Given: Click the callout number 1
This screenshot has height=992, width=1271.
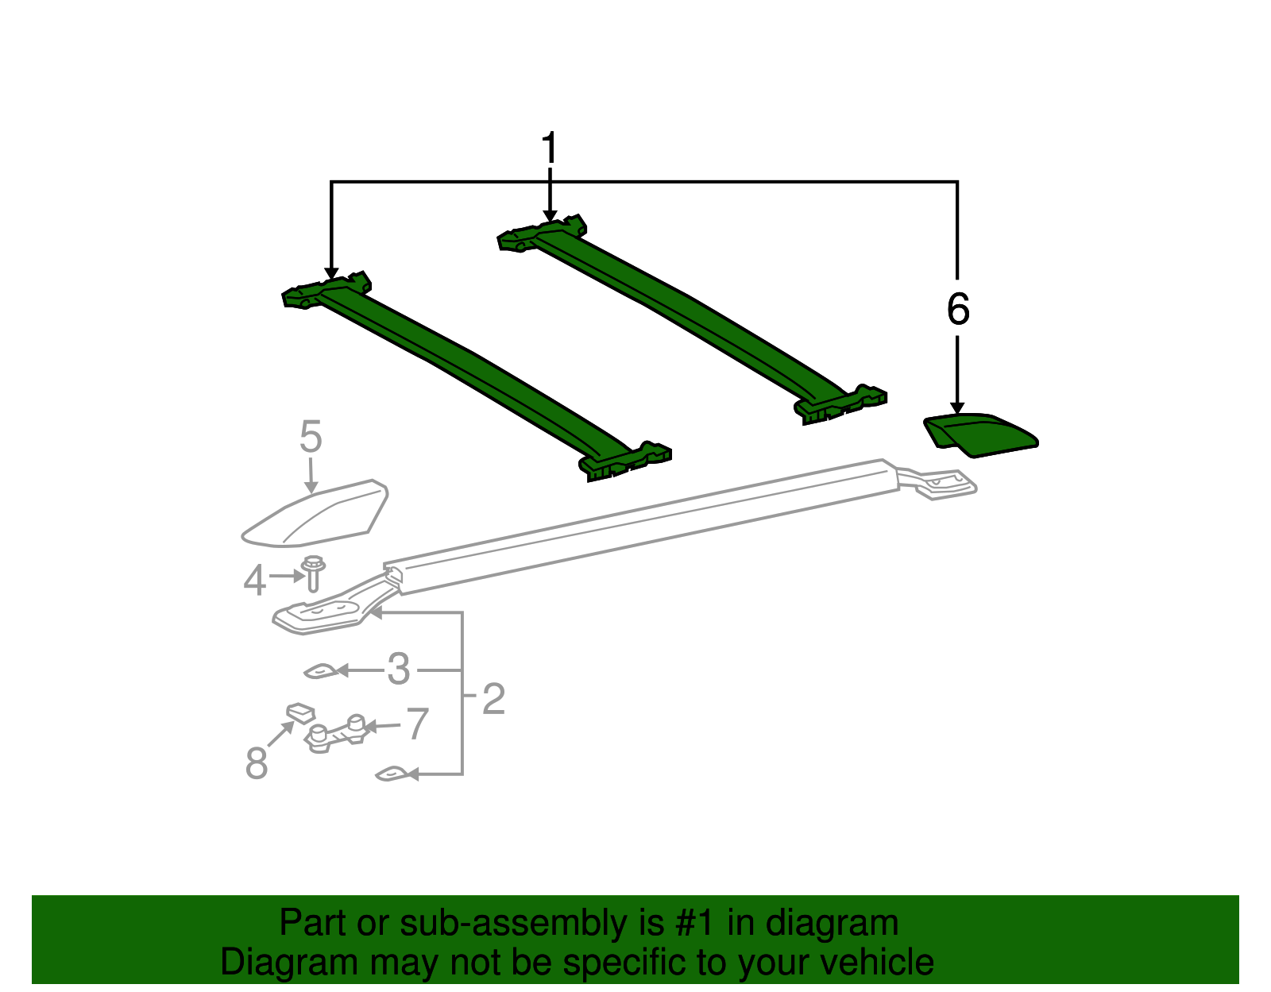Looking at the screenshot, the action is [x=549, y=147].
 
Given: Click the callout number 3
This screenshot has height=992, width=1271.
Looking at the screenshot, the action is [x=399, y=669].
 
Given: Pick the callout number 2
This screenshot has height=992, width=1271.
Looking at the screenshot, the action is [x=493, y=698].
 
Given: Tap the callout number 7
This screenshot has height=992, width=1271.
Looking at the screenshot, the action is [x=418, y=724].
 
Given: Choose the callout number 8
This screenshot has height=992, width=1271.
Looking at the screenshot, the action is [x=257, y=762].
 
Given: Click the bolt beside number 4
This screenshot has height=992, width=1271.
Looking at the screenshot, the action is [x=314, y=573].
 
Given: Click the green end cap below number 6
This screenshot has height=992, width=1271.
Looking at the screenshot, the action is [x=980, y=435].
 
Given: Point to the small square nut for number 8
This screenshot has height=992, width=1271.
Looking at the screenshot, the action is [x=300, y=713].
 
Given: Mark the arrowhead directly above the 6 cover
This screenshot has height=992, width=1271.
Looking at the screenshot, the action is [x=957, y=407].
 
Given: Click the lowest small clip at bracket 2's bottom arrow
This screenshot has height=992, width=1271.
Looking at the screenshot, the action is [x=392, y=774].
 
